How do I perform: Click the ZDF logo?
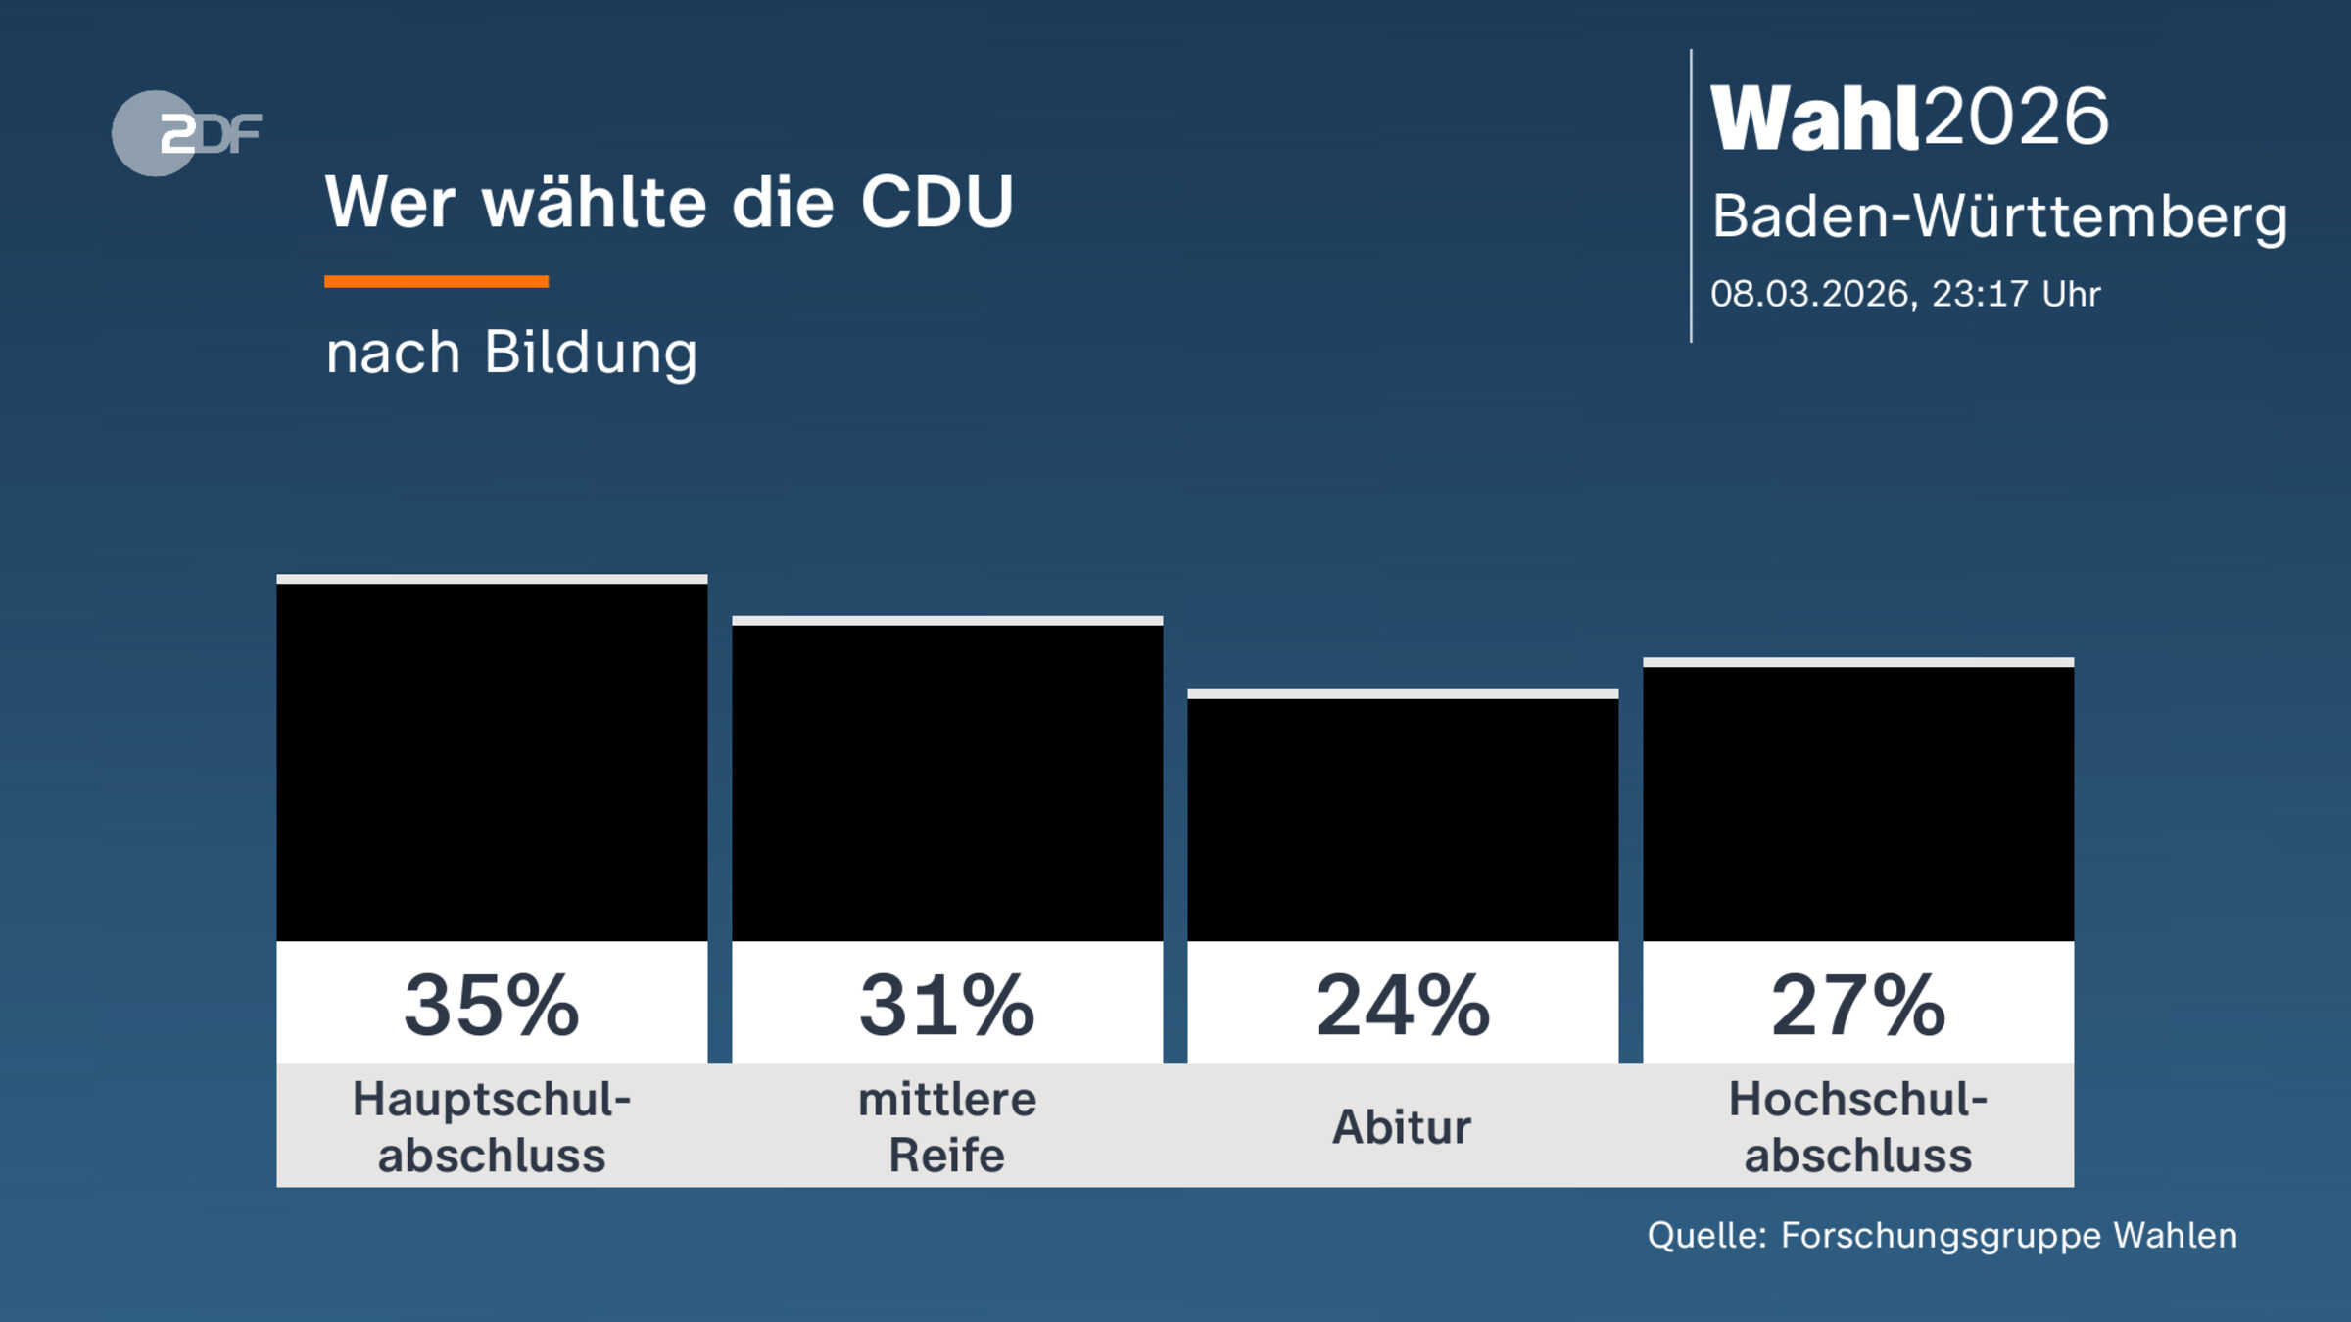click(x=186, y=133)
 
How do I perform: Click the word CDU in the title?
click(x=936, y=203)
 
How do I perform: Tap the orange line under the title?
click(x=436, y=281)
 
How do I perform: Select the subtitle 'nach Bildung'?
click(x=511, y=353)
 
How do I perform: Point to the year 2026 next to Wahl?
click(x=2015, y=118)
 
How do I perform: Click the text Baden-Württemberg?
click(x=1999, y=216)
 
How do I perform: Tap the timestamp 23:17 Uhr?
click(x=2016, y=294)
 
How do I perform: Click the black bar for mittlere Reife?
click(x=947, y=783)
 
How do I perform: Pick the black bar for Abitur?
click(x=1403, y=820)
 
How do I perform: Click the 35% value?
click(x=492, y=1005)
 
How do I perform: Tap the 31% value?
click(x=947, y=1005)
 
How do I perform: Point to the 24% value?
click(x=1403, y=1005)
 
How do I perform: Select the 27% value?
click(x=1858, y=1005)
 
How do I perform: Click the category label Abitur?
click(x=1402, y=1127)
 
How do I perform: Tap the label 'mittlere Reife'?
click(x=947, y=1127)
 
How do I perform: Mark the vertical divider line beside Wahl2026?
click(x=1691, y=196)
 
